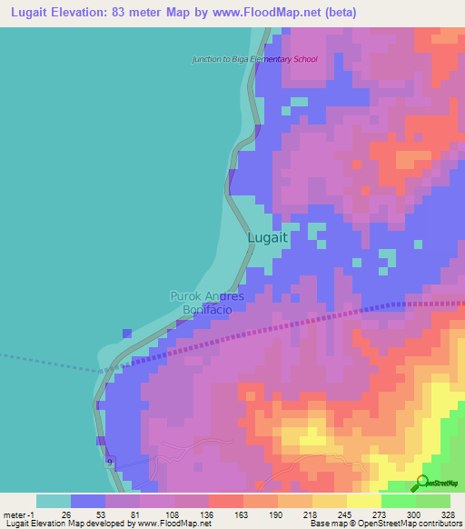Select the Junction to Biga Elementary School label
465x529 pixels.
click(254, 60)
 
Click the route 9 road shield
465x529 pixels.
click(109, 464)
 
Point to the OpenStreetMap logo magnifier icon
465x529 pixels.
click(423, 482)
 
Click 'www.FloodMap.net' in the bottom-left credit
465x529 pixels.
click(173, 524)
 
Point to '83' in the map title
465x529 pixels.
click(119, 13)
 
